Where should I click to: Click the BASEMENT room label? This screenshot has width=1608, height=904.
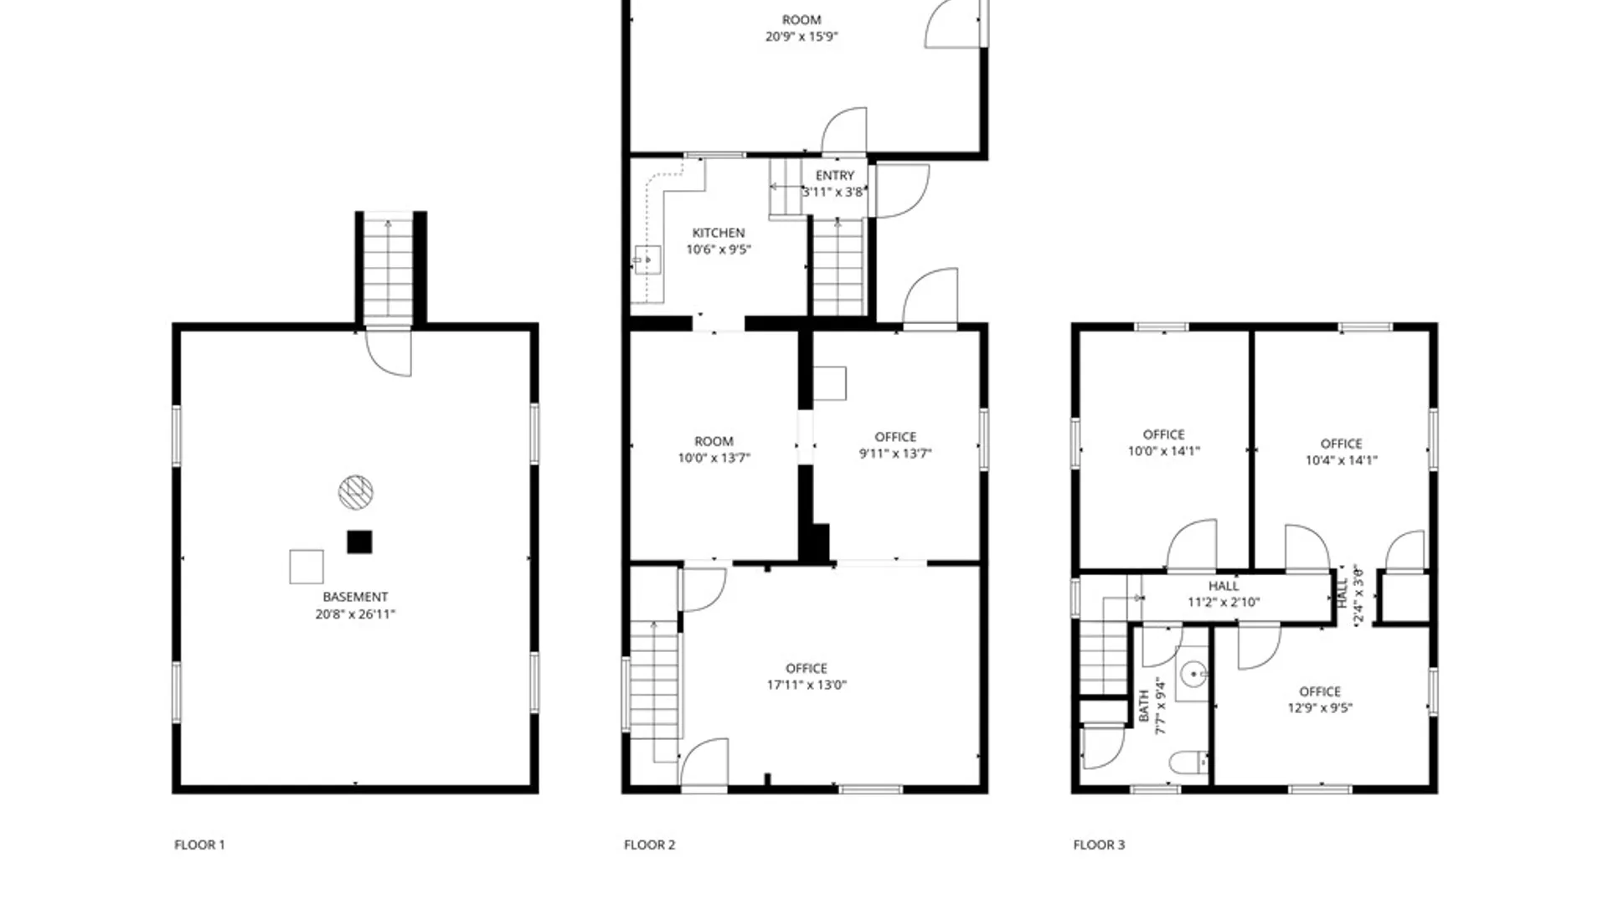[x=355, y=597]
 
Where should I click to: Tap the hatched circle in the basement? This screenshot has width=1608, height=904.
[x=356, y=492]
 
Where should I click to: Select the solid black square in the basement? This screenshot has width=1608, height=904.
[x=359, y=542]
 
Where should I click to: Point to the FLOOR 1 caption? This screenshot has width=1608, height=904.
[x=199, y=845]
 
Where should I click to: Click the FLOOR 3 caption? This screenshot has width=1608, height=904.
[x=1099, y=845]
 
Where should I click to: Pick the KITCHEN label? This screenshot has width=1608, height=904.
[x=719, y=233]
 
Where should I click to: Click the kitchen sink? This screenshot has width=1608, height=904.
[x=647, y=260]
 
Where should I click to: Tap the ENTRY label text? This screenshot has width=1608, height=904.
[x=835, y=176]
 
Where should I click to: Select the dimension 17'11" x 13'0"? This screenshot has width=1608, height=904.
[x=807, y=685]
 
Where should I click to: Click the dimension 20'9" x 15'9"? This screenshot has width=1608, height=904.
[x=801, y=37]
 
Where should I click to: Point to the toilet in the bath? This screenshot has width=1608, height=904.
[x=1188, y=763]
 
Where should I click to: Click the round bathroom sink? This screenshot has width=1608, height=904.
[x=1193, y=673]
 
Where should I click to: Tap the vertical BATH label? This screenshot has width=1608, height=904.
[x=1144, y=706]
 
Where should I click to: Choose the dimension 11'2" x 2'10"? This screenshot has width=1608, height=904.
[x=1224, y=602]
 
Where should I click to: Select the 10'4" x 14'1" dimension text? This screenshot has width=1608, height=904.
[x=1341, y=460]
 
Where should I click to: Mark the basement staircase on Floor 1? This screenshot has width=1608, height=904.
[x=388, y=270]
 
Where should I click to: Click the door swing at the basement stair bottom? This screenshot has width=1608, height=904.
[x=388, y=352]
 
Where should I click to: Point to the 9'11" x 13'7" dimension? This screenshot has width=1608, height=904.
[x=895, y=454]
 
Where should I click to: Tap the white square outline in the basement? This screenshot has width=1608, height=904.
[x=307, y=567]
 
